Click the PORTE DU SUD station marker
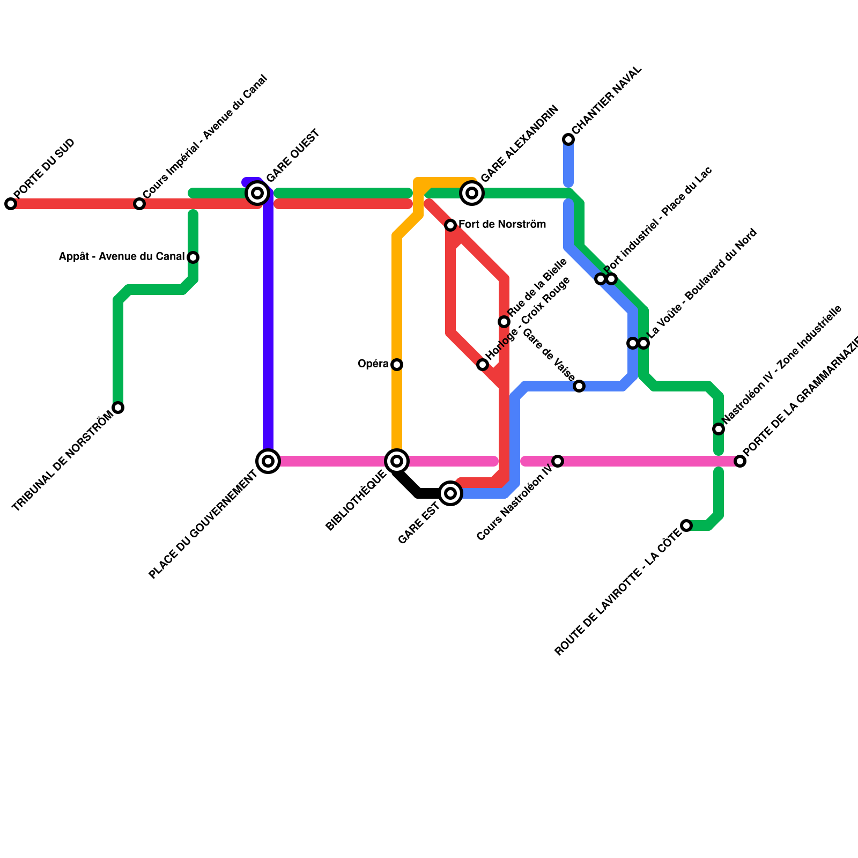[x=11, y=204]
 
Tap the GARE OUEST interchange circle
[x=257, y=193]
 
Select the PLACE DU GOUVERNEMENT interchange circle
[x=269, y=461]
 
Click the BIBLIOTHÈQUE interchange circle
[x=397, y=461]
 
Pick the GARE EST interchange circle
[x=451, y=493]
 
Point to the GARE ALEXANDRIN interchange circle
[x=472, y=193]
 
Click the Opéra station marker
[x=397, y=365]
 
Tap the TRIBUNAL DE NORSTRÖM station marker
[x=119, y=408]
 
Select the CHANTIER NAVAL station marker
[x=568, y=139]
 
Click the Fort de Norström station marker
[x=450, y=225]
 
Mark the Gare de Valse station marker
[x=579, y=386]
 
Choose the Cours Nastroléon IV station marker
[x=558, y=461]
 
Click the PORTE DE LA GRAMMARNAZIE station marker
[x=740, y=461]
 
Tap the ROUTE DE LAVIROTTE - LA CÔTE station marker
[x=686, y=526]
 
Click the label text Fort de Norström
[x=502, y=225]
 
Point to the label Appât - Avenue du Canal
[x=121, y=257]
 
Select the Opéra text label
[x=373, y=364]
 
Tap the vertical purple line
[x=268, y=322]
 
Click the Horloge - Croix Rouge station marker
[x=483, y=365]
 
